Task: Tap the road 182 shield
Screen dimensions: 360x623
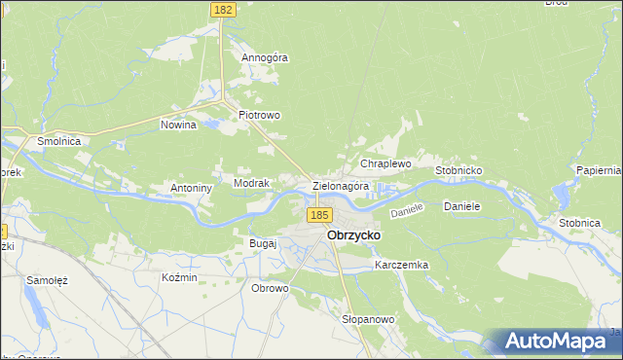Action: pos(221,8)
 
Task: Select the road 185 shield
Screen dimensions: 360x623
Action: pos(317,214)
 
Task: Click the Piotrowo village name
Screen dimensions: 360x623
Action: pos(260,115)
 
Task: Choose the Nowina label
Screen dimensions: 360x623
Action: pos(178,125)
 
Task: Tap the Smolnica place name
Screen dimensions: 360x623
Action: pos(58,141)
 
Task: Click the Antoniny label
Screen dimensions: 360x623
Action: pos(191,188)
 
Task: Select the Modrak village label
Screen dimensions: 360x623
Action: pos(251,182)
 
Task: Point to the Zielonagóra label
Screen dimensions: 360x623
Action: pos(341,186)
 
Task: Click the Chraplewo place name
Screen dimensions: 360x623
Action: pos(386,164)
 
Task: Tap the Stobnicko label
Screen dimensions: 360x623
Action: pos(459,170)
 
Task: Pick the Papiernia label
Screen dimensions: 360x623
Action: pos(598,170)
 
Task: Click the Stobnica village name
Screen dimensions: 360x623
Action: pos(579,223)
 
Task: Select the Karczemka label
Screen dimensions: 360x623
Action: pos(401,265)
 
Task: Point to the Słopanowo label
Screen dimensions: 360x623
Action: pos(368,319)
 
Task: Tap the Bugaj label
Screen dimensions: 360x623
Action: pos(264,242)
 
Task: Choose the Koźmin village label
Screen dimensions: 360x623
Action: pos(179,277)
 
